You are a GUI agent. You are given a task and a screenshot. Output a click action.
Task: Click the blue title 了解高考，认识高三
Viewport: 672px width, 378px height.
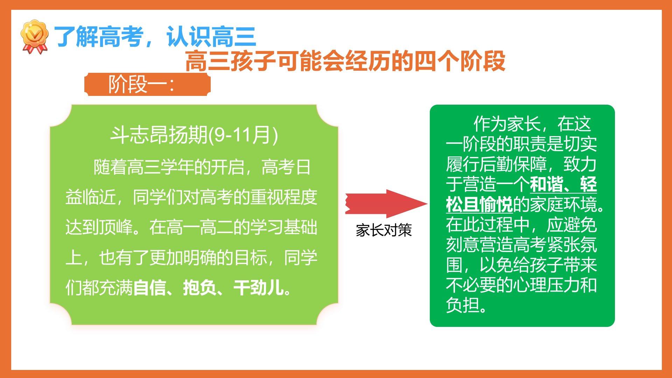click(x=155, y=37)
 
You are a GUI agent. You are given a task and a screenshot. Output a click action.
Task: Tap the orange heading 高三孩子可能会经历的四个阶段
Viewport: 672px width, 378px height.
click(x=345, y=61)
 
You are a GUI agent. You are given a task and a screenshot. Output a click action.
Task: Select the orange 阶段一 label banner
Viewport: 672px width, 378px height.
click(x=147, y=84)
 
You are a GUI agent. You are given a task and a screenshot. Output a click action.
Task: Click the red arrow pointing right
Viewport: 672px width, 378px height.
click(x=386, y=203)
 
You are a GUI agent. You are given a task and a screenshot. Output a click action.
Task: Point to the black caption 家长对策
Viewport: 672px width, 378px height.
click(x=384, y=230)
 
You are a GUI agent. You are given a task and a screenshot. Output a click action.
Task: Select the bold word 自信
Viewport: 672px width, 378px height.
click(x=150, y=288)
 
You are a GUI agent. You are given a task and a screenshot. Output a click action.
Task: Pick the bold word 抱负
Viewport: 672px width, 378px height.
click(x=200, y=288)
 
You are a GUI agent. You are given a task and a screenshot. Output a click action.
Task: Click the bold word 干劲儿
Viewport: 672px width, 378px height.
click(x=259, y=288)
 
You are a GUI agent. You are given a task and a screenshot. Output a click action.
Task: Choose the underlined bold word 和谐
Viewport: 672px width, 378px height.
click(x=546, y=184)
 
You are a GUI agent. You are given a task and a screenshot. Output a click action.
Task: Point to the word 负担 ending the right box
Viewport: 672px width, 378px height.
click(x=463, y=305)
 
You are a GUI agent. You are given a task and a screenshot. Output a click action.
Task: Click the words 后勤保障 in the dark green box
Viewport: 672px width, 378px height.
click(x=513, y=164)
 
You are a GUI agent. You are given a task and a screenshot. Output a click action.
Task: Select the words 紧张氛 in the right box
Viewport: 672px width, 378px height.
click(x=572, y=245)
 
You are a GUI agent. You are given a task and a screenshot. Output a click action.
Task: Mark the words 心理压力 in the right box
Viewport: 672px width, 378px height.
click(x=546, y=285)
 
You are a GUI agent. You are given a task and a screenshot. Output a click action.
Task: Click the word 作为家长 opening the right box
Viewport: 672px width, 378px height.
click(x=507, y=124)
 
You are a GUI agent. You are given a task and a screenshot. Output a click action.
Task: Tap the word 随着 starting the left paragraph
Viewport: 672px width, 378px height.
click(x=110, y=167)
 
